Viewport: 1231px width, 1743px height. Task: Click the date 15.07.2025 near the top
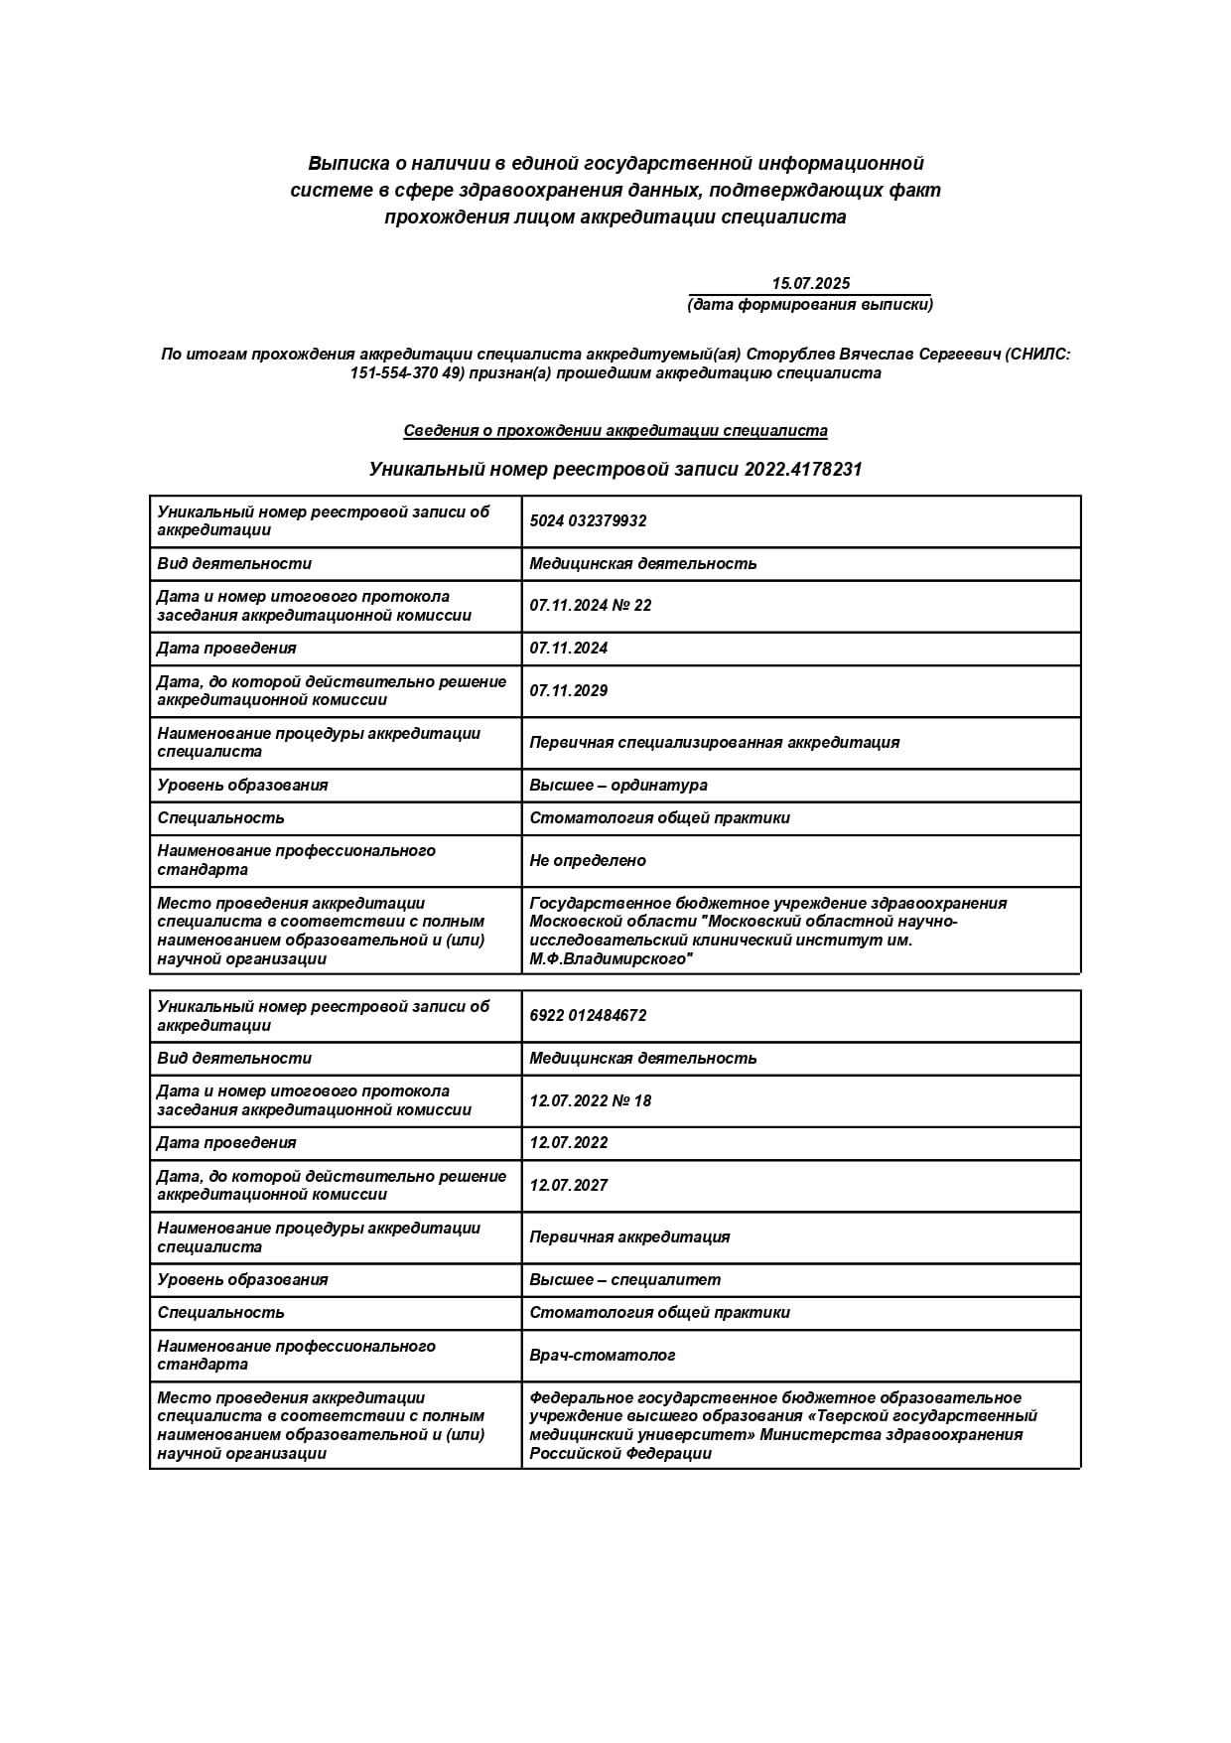click(x=810, y=283)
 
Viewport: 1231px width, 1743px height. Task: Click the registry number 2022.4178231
click(x=802, y=469)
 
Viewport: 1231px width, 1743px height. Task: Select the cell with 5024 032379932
click(x=588, y=520)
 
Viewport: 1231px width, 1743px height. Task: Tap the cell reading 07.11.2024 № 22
click(x=591, y=605)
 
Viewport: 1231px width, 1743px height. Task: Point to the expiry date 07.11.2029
click(x=569, y=690)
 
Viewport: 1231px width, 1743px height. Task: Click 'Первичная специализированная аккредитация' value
click(x=714, y=742)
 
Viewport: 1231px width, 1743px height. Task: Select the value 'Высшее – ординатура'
click(x=618, y=785)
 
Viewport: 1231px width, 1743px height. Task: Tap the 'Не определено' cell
click(x=588, y=860)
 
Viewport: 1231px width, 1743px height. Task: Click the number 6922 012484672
click(x=588, y=1015)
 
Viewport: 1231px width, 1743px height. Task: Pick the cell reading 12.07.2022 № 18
click(x=591, y=1100)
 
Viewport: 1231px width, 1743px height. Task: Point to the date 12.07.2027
click(x=569, y=1185)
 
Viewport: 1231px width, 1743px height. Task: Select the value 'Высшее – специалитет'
click(x=625, y=1279)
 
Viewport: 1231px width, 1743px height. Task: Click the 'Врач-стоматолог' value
click(x=603, y=1355)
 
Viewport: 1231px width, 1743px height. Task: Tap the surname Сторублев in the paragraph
click(x=790, y=355)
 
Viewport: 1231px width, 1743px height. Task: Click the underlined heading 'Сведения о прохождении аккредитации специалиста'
click(x=615, y=430)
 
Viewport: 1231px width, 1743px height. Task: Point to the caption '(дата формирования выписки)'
click(x=810, y=304)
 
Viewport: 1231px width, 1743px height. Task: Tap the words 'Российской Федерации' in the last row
click(x=620, y=1453)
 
